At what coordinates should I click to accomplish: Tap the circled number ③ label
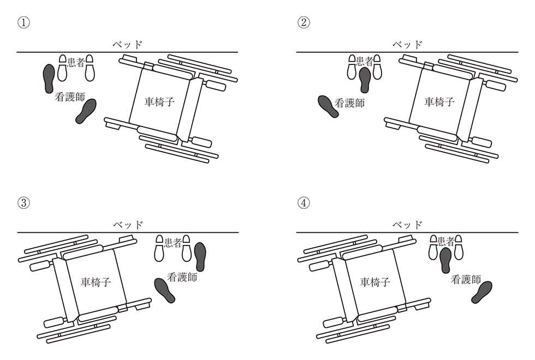coord(23,202)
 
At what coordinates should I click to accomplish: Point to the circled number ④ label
coord(304,202)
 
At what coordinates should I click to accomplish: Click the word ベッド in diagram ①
coord(128,44)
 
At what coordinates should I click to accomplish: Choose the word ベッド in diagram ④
coord(407,224)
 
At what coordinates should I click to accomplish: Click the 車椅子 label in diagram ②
coord(439,101)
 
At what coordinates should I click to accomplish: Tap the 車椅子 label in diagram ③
coord(96,281)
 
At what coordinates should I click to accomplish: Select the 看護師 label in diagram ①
coord(70,98)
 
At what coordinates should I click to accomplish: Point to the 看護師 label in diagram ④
coord(466,280)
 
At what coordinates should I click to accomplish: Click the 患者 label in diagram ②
coord(364,61)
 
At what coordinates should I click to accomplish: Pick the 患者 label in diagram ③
coord(173,243)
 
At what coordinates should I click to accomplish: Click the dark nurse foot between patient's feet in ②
coord(365,80)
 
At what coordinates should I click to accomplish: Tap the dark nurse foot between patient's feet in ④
coord(445,260)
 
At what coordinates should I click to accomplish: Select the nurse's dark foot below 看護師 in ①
coord(86,111)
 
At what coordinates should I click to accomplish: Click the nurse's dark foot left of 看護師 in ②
coord(328,106)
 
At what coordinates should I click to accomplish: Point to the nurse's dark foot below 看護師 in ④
coord(482,292)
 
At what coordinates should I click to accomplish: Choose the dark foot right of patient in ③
coord(200,257)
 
